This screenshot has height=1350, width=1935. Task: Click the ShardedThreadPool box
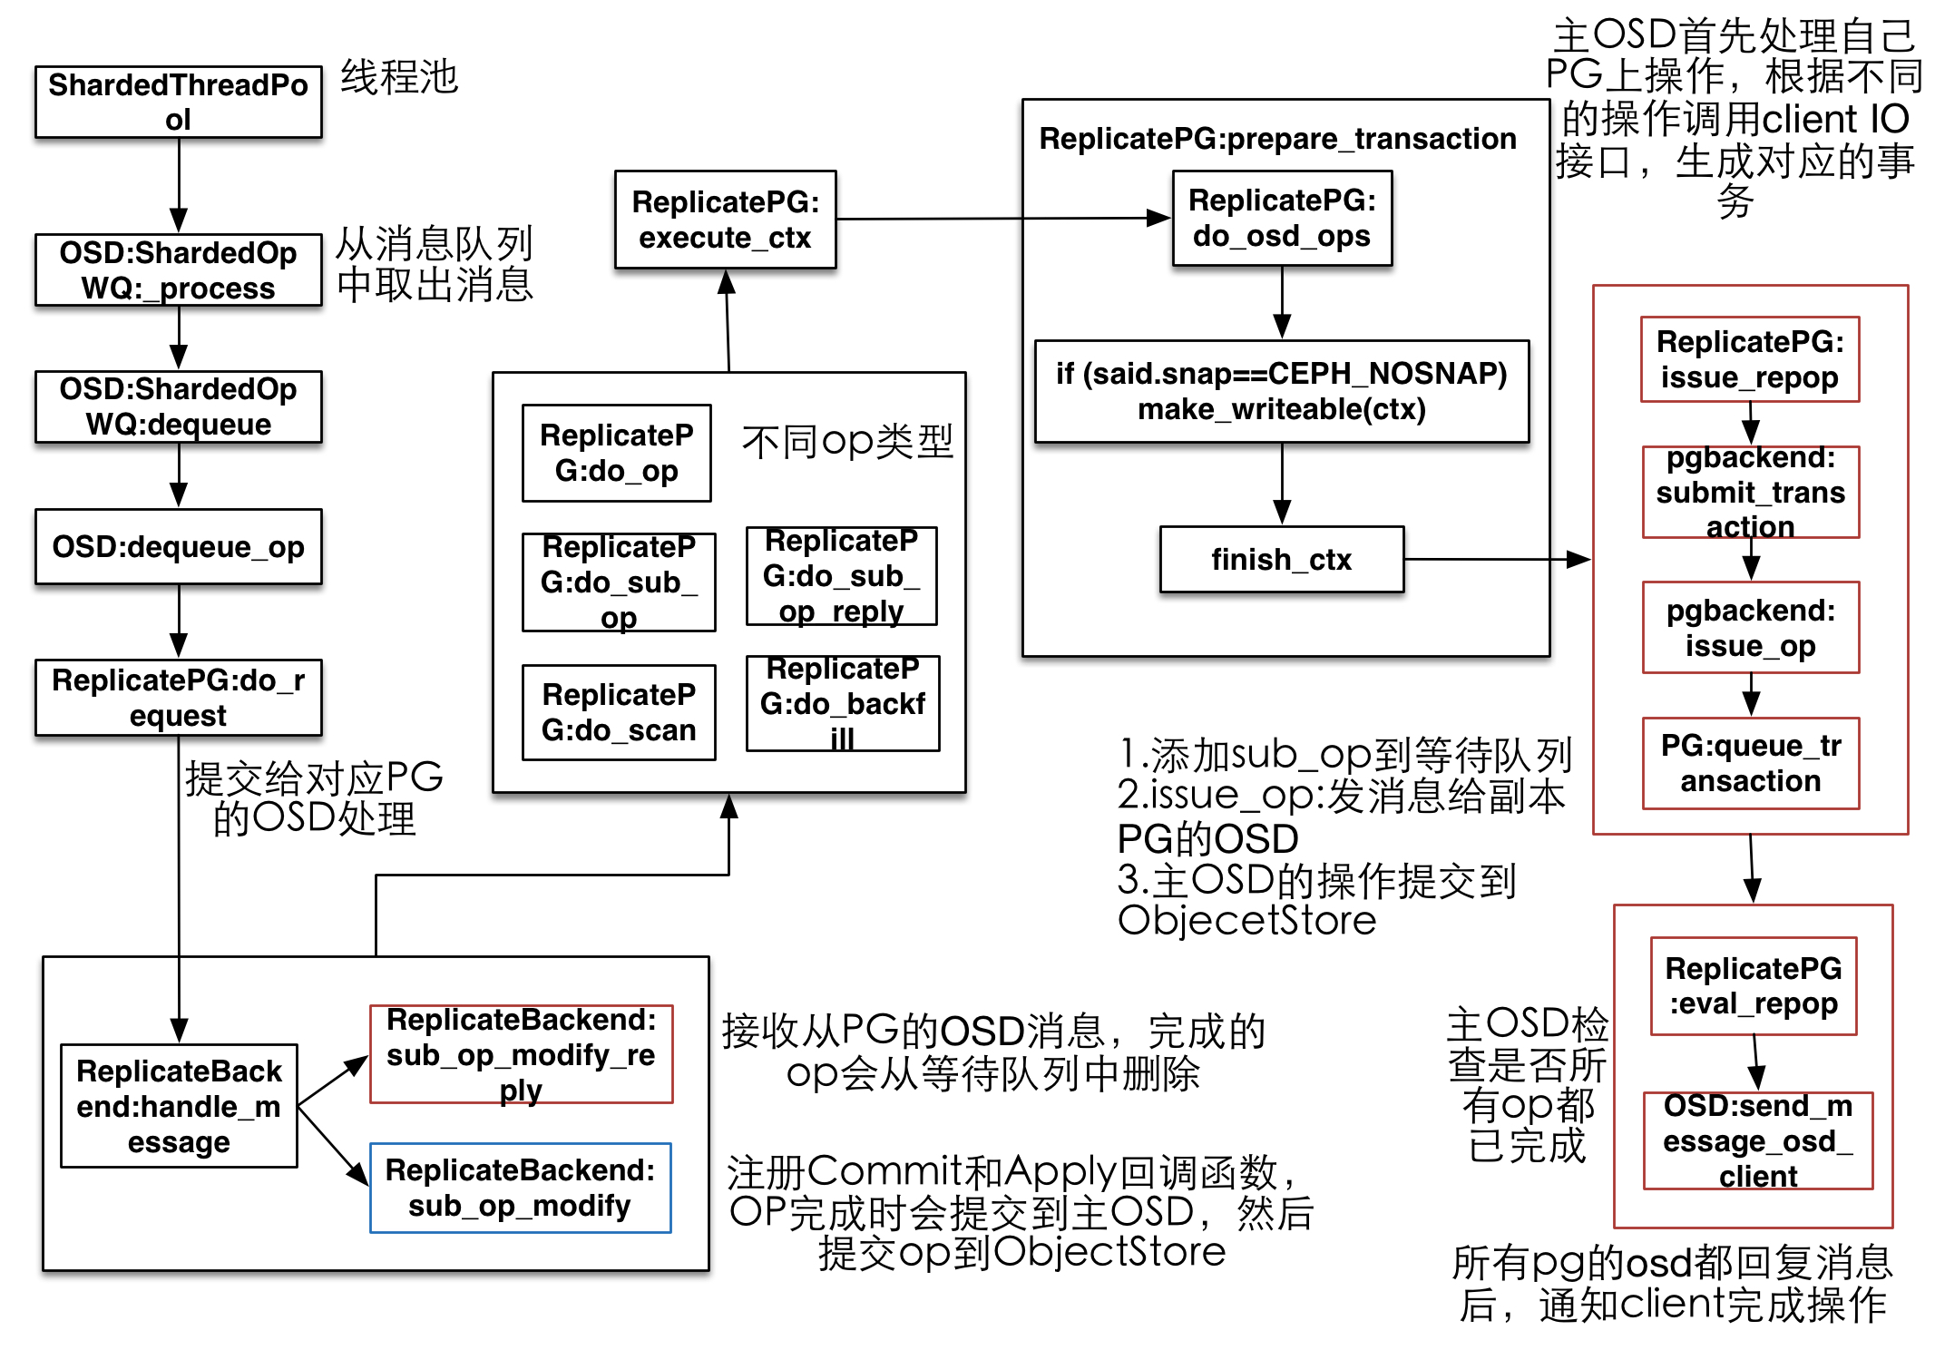(x=179, y=102)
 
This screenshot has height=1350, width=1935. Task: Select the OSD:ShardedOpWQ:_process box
(x=179, y=269)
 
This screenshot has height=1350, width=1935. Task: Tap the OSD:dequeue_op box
(x=179, y=547)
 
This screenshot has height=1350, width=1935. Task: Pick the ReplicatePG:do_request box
(x=179, y=698)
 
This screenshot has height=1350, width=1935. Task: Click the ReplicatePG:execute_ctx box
(x=725, y=220)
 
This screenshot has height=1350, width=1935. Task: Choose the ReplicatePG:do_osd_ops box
(x=1281, y=218)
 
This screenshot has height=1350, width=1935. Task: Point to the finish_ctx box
(x=1281, y=560)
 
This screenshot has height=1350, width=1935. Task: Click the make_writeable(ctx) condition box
(x=1281, y=391)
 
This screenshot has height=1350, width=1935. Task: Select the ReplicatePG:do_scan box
(x=619, y=712)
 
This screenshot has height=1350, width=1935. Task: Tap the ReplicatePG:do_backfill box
(x=843, y=704)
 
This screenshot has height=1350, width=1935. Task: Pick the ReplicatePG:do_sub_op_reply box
(x=841, y=576)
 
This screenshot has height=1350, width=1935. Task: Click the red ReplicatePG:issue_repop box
(x=1750, y=359)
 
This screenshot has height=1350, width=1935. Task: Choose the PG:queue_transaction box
(x=1750, y=763)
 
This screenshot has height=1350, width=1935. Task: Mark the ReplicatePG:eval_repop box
(x=1754, y=986)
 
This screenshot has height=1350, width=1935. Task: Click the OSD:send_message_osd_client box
(x=1757, y=1140)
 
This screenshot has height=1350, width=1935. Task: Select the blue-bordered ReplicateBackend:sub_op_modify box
(x=520, y=1188)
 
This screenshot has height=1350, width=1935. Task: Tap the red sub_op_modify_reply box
(x=521, y=1054)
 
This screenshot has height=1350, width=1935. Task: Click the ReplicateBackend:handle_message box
(x=179, y=1106)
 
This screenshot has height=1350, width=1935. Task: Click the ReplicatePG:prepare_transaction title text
(x=1277, y=139)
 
